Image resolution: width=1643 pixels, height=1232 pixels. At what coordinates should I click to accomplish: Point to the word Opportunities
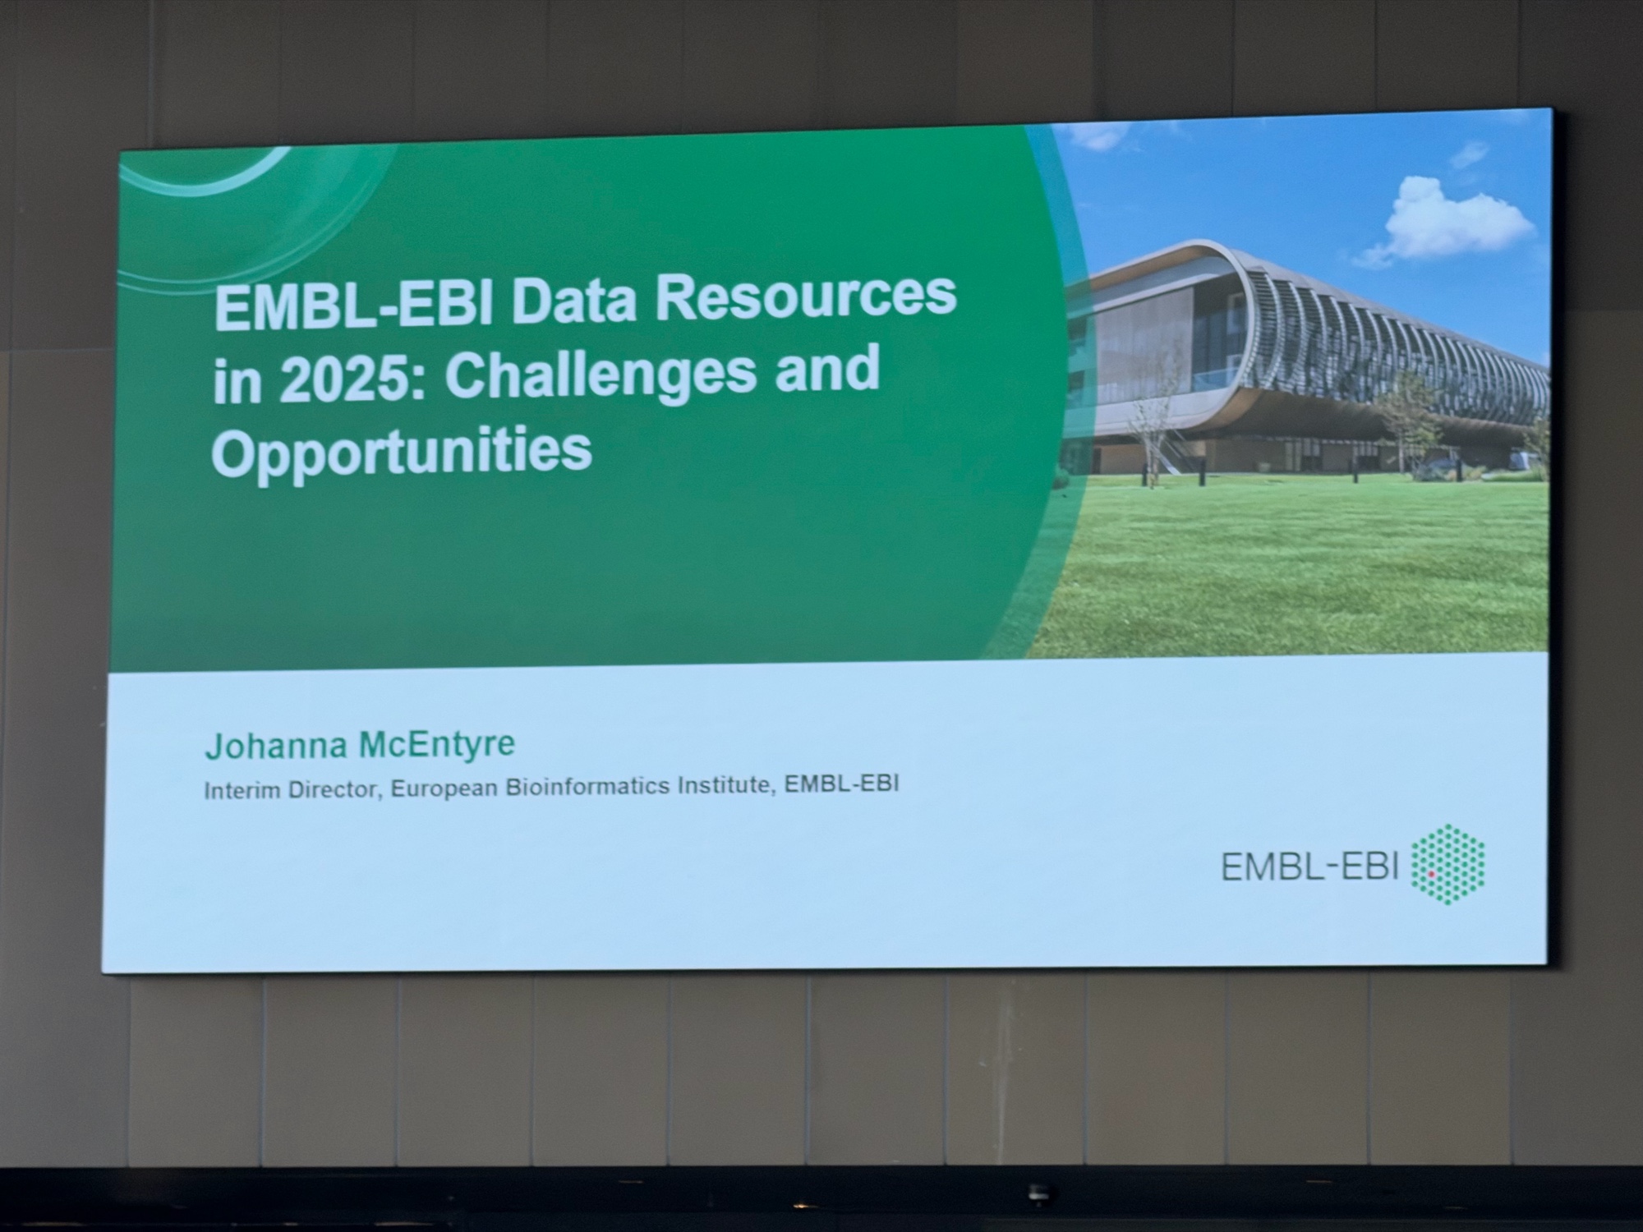coord(402,453)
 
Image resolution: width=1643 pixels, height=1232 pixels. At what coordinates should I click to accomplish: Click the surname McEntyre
coord(438,744)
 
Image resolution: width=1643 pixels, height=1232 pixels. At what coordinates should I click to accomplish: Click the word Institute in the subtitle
coord(727,785)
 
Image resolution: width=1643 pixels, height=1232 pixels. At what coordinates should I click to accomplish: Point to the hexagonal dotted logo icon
coord(1447,864)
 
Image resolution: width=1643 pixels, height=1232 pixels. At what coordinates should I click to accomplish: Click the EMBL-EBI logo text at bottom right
coord(1309,867)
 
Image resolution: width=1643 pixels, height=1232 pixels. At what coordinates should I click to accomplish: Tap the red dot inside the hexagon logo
coord(1431,875)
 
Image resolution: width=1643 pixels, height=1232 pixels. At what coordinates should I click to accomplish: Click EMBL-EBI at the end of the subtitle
coord(841,784)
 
